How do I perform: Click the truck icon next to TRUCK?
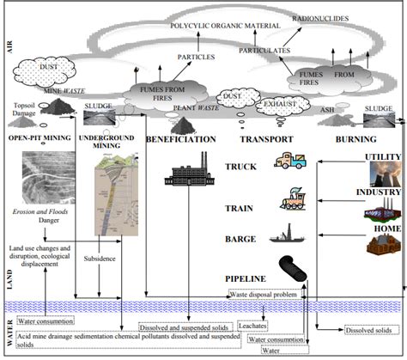pos(290,163)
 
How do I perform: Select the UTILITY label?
pos(382,156)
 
